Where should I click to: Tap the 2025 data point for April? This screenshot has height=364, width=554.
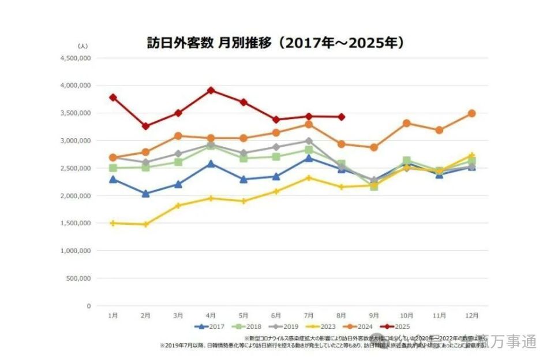(x=211, y=90)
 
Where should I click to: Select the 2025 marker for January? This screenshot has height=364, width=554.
(x=113, y=97)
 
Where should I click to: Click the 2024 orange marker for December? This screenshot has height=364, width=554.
(x=471, y=113)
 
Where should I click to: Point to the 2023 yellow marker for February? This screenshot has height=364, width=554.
(x=145, y=224)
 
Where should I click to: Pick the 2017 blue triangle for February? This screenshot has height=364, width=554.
(x=145, y=194)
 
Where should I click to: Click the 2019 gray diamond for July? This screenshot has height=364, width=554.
(x=309, y=141)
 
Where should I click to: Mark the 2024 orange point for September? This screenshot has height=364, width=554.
(x=374, y=147)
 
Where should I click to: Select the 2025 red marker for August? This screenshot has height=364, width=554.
(x=342, y=117)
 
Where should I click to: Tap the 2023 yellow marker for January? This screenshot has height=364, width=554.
(x=113, y=223)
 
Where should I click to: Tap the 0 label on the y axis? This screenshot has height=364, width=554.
(x=88, y=306)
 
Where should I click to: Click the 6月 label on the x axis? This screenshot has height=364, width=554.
(x=276, y=315)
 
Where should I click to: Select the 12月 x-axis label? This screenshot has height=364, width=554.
(x=471, y=315)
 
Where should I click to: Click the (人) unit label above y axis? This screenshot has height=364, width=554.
(x=83, y=45)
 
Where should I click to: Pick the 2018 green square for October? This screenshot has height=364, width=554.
(x=406, y=161)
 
